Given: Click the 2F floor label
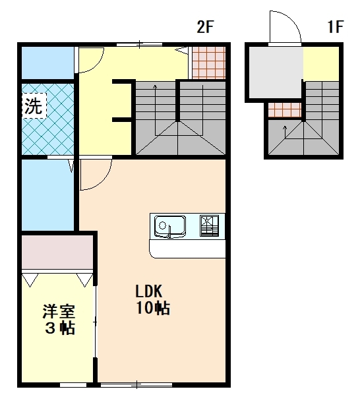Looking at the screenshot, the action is (205, 26).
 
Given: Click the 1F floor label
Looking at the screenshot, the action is (336, 26).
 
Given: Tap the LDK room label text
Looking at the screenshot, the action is (148, 291).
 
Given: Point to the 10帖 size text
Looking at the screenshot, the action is (153, 308).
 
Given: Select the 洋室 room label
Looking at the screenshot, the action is (59, 312).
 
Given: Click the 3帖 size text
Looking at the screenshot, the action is (60, 328).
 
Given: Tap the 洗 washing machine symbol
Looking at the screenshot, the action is (34, 105).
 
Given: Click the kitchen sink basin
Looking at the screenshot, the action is (170, 226).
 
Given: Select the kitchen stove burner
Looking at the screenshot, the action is (209, 225).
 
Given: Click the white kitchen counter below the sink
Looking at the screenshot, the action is (187, 249).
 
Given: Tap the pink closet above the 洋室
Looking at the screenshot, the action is (57, 252).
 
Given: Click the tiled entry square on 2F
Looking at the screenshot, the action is (208, 63).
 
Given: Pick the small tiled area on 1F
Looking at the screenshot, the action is (285, 110).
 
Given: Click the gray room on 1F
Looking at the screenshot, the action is (276, 73).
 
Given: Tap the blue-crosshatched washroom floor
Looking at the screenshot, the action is (47, 119).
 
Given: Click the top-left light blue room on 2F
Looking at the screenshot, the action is (47, 63).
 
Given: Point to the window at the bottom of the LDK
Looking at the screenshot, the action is (136, 384).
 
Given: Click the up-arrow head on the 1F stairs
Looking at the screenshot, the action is (285, 127).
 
